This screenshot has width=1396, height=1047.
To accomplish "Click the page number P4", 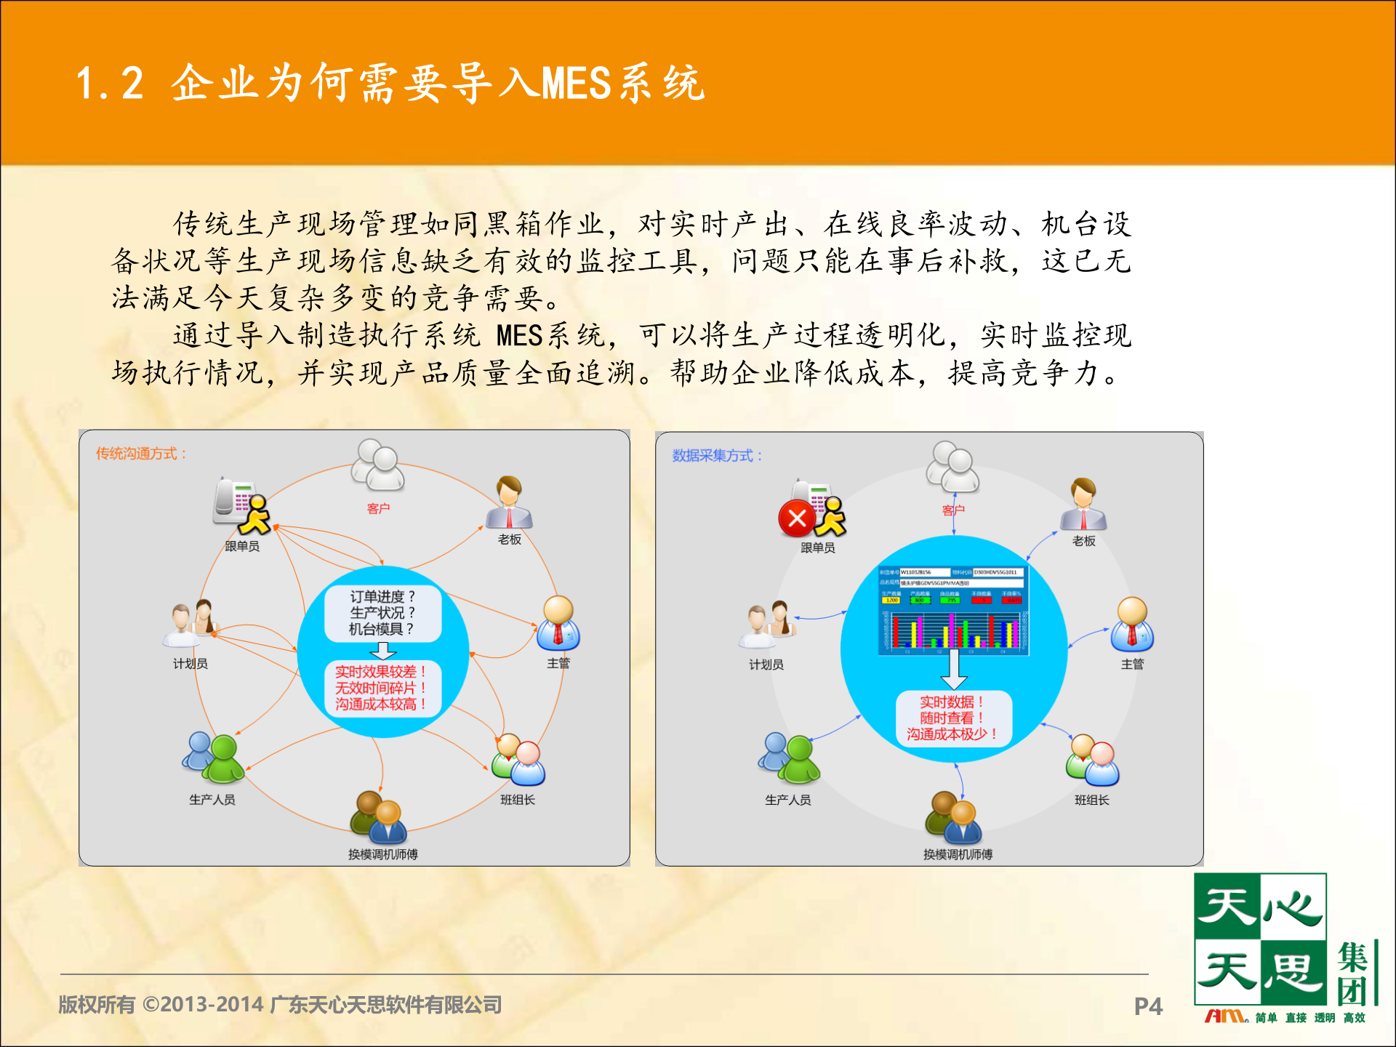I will click(1148, 1006).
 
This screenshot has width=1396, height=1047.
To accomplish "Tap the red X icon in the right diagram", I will click(797, 518).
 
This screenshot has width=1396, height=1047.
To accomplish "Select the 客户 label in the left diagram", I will click(378, 508).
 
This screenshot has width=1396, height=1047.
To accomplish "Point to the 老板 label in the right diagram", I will click(1083, 541).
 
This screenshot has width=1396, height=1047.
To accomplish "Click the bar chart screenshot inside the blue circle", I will click(953, 610).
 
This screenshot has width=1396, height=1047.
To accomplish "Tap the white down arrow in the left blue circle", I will click(382, 650).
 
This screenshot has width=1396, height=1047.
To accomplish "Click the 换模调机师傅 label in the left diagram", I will click(382, 854).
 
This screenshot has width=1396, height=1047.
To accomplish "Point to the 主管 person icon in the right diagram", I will click(1132, 625).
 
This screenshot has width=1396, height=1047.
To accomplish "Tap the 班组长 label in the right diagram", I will click(1091, 800).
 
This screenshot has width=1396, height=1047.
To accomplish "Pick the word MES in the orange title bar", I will click(575, 83).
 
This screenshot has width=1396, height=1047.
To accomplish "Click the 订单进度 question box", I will click(382, 613).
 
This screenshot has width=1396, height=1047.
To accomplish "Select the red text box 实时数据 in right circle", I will click(953, 718).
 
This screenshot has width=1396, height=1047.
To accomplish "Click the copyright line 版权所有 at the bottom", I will click(280, 1005).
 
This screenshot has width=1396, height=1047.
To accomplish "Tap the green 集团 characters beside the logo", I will click(1353, 974).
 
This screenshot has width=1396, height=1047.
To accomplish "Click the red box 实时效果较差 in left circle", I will click(380, 688).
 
